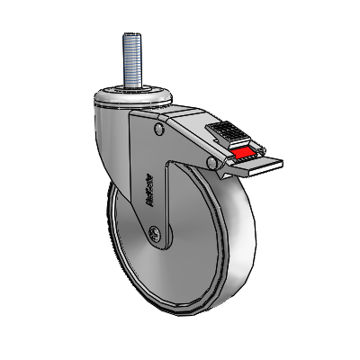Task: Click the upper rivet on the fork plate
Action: pos(159,130)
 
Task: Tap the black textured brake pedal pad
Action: pos(233,136)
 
